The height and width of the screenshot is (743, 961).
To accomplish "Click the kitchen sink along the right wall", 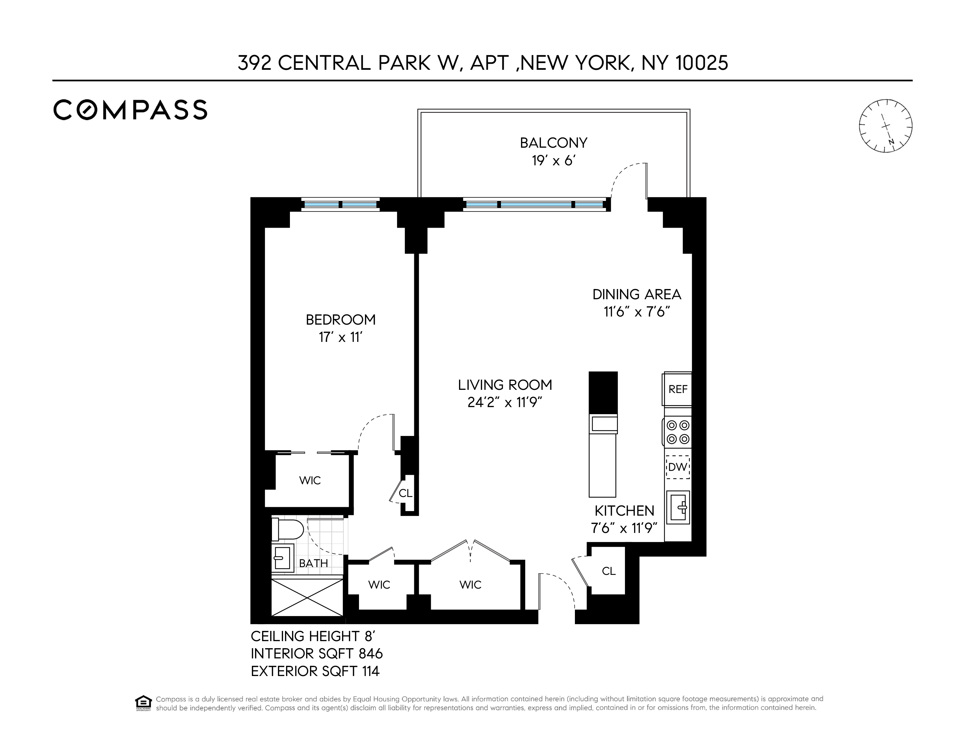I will (678, 508).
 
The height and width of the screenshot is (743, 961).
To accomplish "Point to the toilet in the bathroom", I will (287, 529).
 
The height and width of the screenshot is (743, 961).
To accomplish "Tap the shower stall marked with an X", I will (307, 598).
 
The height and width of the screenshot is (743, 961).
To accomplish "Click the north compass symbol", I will (885, 126).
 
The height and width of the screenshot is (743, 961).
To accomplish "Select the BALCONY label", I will (553, 143).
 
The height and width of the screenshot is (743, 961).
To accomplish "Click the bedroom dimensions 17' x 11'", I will (340, 338).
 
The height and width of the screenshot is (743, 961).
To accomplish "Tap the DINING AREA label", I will (636, 294).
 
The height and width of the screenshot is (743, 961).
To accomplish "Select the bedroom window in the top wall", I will (341, 205).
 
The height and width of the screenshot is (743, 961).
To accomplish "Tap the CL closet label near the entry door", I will (608, 571).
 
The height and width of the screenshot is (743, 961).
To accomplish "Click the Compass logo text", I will (130, 110).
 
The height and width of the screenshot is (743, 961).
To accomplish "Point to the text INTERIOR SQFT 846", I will (316, 653).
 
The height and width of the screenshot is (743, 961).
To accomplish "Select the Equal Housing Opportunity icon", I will (143, 703).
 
